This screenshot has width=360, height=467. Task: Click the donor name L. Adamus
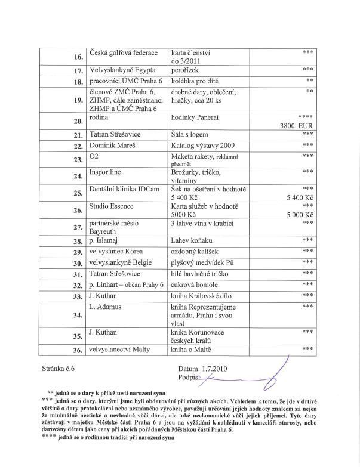[107, 307]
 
